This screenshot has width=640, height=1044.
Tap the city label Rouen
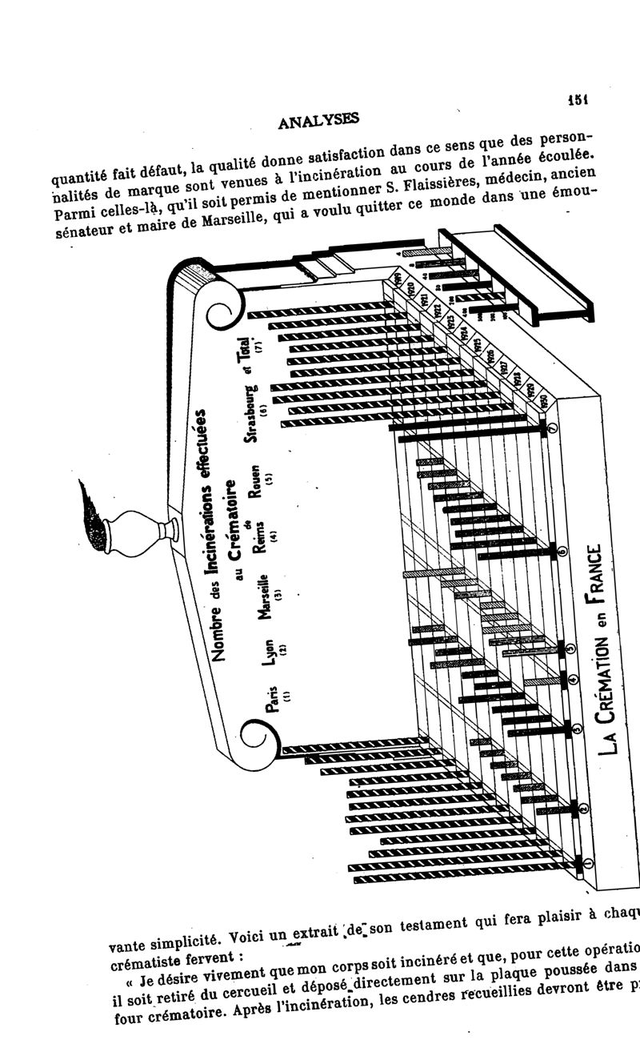pos(256,483)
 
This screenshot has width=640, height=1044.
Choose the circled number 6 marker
pos(562,552)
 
